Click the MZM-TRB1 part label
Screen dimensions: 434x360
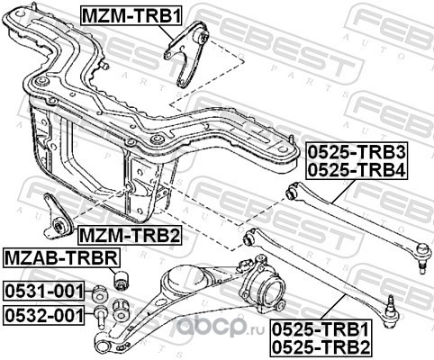tap(131, 16)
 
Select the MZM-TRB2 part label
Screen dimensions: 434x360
tap(130, 236)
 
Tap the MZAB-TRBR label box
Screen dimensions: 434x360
tap(62, 257)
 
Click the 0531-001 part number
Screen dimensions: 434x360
tap(44, 291)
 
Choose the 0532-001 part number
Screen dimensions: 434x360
tap(44, 315)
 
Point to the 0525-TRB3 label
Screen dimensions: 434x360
tap(357, 153)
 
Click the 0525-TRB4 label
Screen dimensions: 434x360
tap(357, 170)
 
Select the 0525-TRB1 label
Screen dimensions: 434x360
tap(321, 330)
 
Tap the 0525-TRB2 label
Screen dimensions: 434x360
tap(321, 346)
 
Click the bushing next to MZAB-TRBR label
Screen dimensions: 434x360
tap(121, 281)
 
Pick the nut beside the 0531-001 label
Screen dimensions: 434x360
tap(100, 293)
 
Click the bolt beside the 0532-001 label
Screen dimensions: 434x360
tap(100, 318)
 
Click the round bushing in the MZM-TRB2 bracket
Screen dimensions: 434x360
tap(61, 226)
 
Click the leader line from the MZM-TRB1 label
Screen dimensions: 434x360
tap(165, 32)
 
